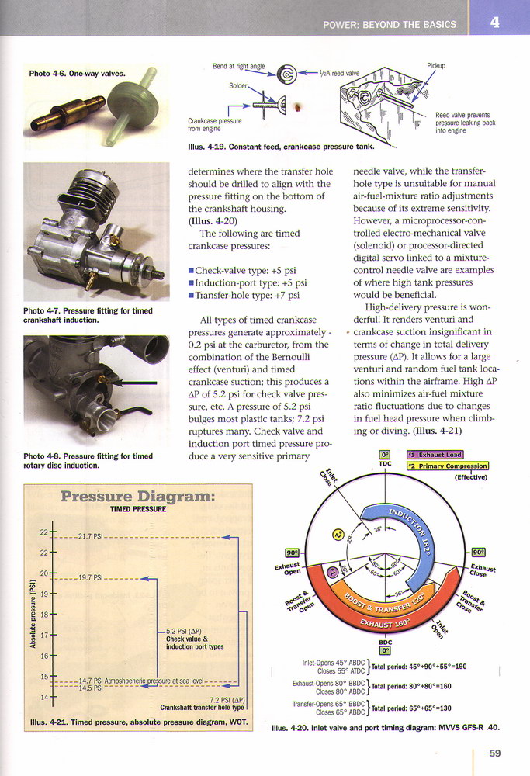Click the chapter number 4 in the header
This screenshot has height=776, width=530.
click(494, 23)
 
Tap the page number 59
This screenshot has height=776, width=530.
click(494, 752)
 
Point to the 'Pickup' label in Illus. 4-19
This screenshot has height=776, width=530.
click(435, 66)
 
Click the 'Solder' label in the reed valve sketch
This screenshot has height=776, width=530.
click(237, 85)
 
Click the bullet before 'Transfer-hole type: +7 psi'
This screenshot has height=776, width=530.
click(191, 296)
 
